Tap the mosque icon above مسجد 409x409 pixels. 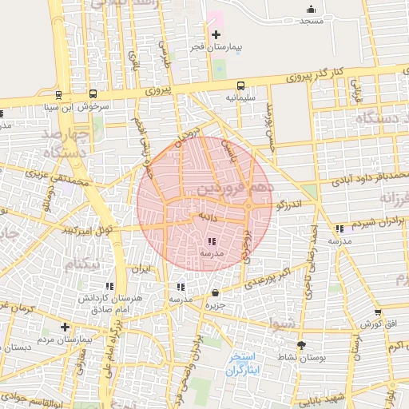(x=311, y=9)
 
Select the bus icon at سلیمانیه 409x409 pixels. (x=240, y=85)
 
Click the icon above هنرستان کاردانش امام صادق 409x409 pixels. (x=109, y=285)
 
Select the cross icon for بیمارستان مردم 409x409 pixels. (x=65, y=327)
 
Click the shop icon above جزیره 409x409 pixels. (x=214, y=292)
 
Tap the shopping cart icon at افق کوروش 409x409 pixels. (x=377, y=312)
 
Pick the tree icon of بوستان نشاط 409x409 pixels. (x=301, y=344)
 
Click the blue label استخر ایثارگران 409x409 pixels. (x=238, y=363)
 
